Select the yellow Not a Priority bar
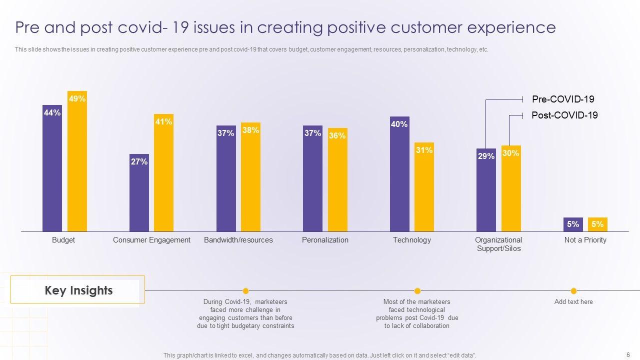[597, 224]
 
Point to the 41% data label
[163, 121]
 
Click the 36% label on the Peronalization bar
[337, 135]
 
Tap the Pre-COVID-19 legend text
[563, 99]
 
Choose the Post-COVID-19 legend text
[564, 115]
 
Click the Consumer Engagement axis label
[151, 240]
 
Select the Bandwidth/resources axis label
[238, 240]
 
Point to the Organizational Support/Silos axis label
[498, 244]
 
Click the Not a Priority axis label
[585, 240]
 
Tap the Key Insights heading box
[78, 290]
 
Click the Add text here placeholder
[573, 302]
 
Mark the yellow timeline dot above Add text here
[573, 291]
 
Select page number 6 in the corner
[627, 354]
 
